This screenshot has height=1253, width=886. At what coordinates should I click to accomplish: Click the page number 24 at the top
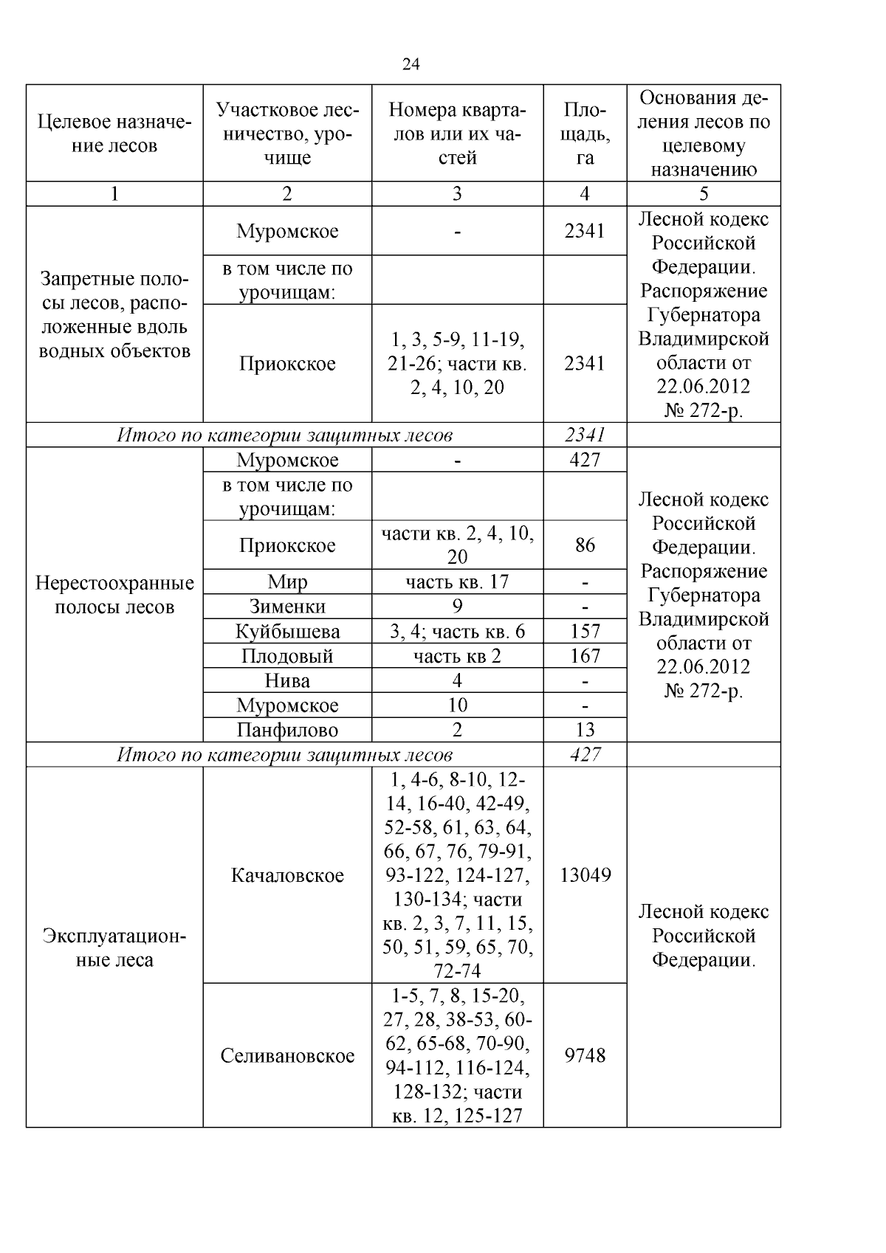[411, 65]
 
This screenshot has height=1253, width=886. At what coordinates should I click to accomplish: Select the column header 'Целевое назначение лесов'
[114, 134]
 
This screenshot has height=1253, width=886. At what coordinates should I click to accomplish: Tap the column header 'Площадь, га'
[585, 134]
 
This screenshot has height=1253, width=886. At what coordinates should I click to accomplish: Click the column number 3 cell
[457, 194]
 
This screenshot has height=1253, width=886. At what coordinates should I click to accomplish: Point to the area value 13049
[585, 875]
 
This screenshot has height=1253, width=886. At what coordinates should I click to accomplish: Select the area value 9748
[585, 1055]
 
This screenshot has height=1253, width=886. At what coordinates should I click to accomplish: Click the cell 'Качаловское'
[287, 875]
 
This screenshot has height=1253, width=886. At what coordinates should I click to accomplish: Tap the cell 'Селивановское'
[287, 1055]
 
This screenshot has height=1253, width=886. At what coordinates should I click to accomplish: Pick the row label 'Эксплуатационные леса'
[114, 947]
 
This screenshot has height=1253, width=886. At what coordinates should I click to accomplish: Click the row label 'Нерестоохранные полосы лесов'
[114, 595]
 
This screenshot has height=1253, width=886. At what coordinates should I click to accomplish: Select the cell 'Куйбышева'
[287, 632]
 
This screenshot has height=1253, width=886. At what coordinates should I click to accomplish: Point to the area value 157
[585, 632]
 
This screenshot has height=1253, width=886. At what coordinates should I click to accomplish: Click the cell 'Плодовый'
[287, 656]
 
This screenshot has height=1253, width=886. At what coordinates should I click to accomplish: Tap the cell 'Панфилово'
[287, 731]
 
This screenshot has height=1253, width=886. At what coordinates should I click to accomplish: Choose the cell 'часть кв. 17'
[457, 582]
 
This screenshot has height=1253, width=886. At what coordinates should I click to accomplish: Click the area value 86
[585, 545]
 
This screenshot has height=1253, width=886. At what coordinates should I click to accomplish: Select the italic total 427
[585, 755]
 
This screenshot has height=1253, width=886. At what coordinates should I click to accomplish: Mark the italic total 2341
[585, 435]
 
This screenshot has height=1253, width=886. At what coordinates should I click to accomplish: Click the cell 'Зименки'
[287, 607]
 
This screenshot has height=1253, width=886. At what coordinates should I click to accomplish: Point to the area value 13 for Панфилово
[585, 731]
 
